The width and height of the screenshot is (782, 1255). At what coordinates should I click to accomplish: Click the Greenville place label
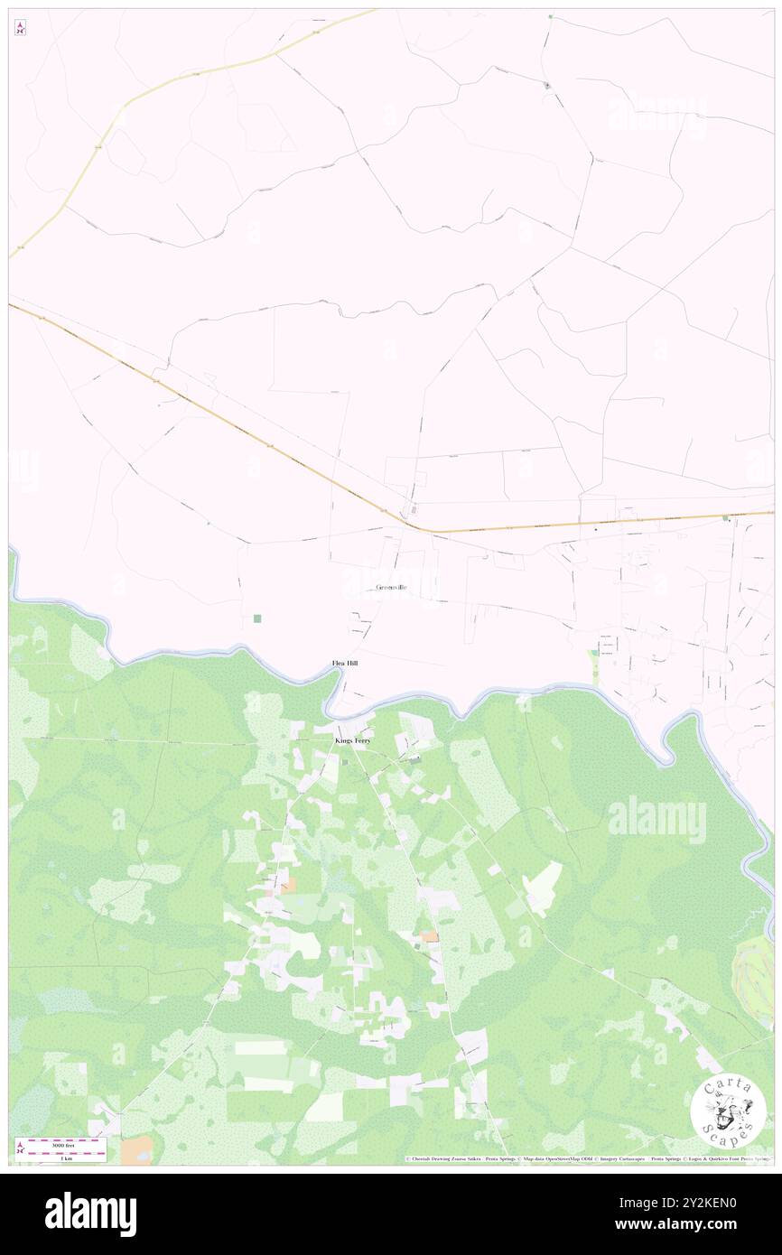391,588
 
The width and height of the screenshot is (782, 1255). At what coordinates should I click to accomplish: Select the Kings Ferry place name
352,740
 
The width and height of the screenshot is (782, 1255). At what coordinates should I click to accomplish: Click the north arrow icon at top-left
20,28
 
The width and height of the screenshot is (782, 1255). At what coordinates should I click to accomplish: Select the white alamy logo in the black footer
91,1214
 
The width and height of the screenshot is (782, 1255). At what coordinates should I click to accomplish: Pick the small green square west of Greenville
257,618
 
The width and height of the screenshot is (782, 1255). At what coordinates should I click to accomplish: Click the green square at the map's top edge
550,16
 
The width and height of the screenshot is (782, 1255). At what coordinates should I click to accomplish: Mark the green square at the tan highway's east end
725,518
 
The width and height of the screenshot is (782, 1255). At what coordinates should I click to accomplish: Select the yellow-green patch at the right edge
755,971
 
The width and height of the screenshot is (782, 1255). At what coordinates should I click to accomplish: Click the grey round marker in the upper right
547,86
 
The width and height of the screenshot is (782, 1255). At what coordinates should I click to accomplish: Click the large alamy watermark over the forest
656,819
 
